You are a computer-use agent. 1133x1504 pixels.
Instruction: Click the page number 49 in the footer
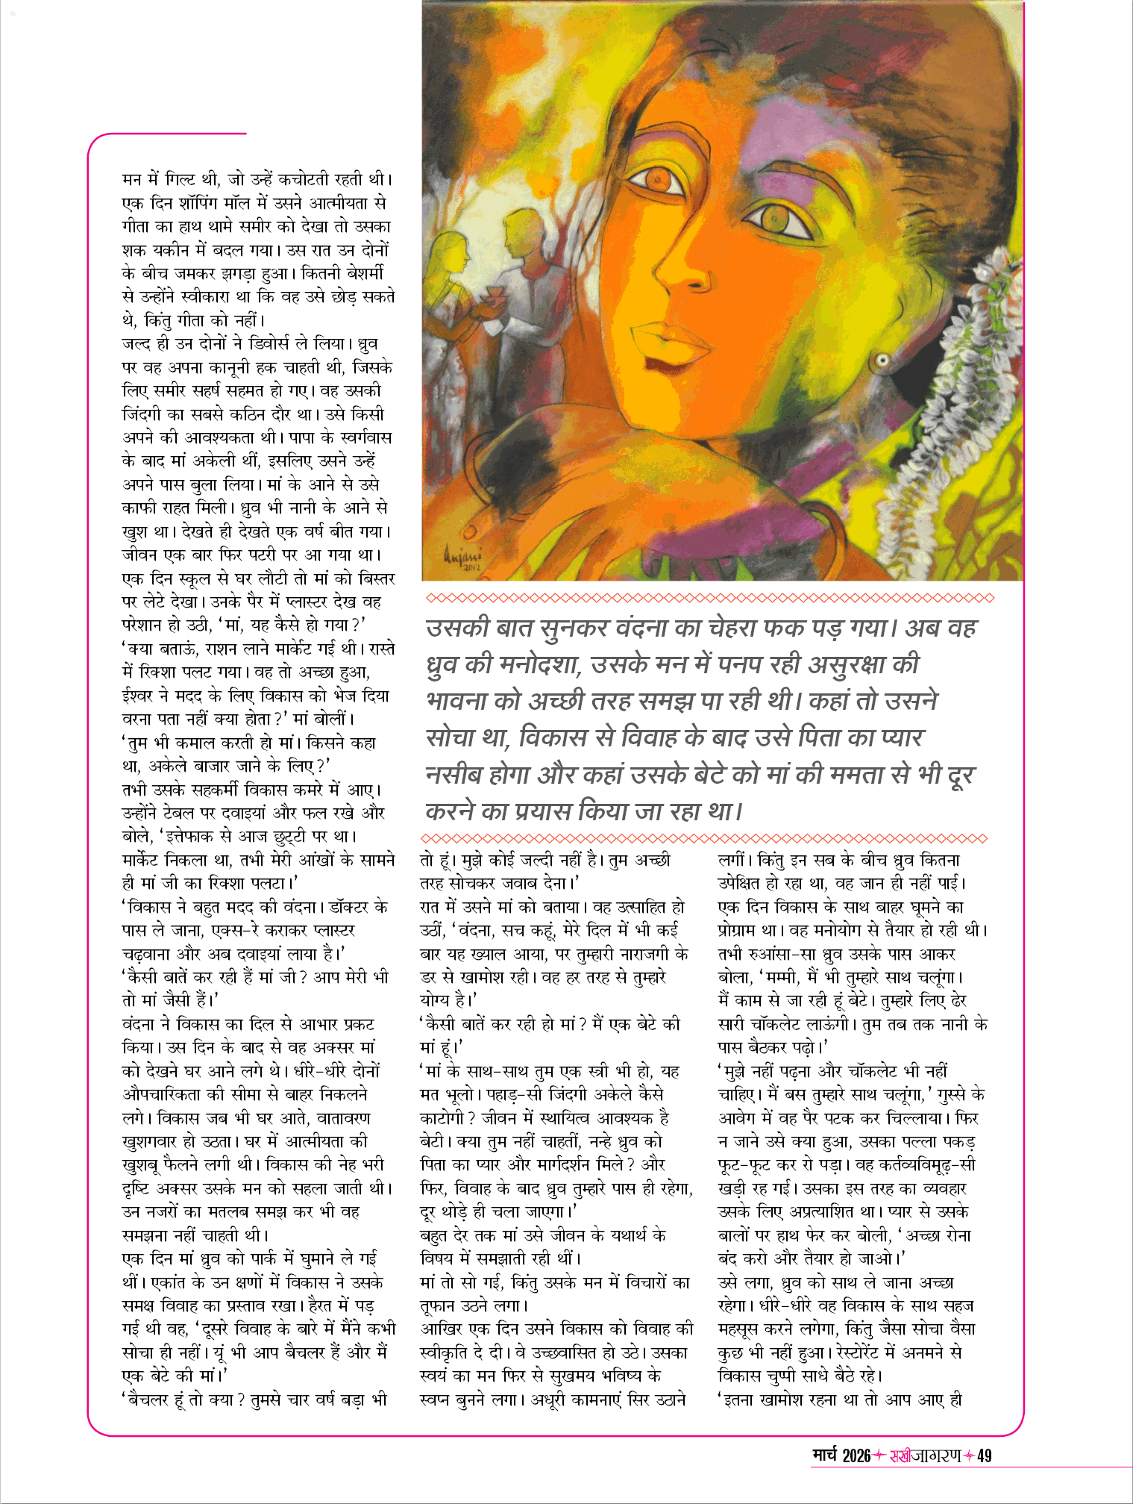(x=984, y=1455)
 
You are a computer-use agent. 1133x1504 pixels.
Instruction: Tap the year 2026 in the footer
(x=856, y=1455)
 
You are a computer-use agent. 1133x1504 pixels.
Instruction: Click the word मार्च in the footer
(x=826, y=1455)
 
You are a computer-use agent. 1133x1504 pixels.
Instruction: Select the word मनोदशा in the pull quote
(x=533, y=664)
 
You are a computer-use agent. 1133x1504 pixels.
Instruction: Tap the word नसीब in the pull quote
(x=453, y=775)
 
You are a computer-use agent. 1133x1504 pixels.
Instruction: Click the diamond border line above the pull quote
(x=709, y=598)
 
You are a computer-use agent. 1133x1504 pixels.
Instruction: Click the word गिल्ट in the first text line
(x=180, y=179)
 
